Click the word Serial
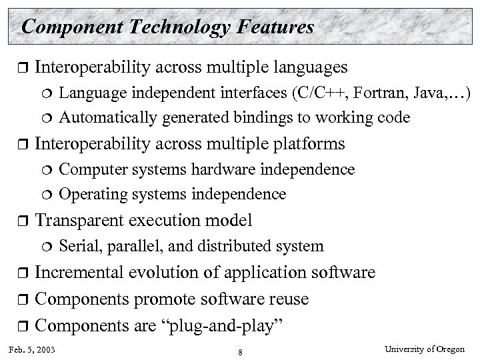click(x=77, y=246)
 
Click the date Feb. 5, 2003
click(x=33, y=349)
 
